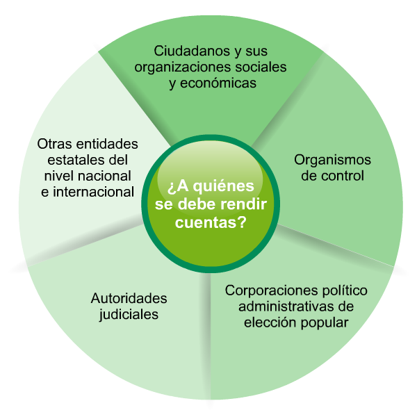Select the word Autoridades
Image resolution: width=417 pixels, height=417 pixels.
(129, 298)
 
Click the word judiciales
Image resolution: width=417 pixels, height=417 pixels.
(129, 314)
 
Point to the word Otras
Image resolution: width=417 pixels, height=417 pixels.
(56, 144)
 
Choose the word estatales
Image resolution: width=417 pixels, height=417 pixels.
(78, 160)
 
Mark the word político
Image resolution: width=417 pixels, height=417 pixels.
(343, 290)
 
